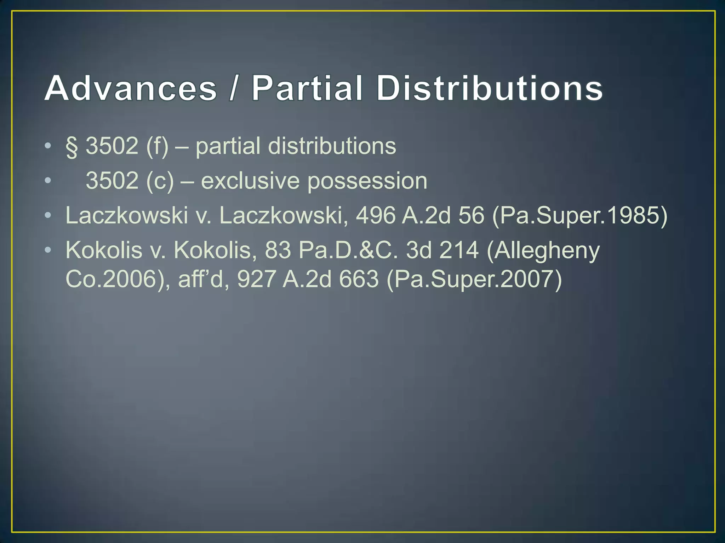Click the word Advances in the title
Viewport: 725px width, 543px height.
(x=131, y=88)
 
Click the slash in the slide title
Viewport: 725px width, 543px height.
(x=233, y=88)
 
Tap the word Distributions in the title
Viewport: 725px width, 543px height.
(x=489, y=88)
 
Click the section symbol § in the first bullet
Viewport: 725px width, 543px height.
(x=72, y=146)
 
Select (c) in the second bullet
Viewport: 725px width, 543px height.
(x=160, y=181)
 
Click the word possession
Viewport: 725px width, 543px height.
(x=367, y=181)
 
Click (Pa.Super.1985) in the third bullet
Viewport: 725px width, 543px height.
(x=580, y=216)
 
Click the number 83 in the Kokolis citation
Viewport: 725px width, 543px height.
(x=278, y=250)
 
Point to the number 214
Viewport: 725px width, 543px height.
(x=459, y=250)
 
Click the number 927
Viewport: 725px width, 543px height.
(x=256, y=279)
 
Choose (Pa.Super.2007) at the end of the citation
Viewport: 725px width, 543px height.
(x=474, y=280)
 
